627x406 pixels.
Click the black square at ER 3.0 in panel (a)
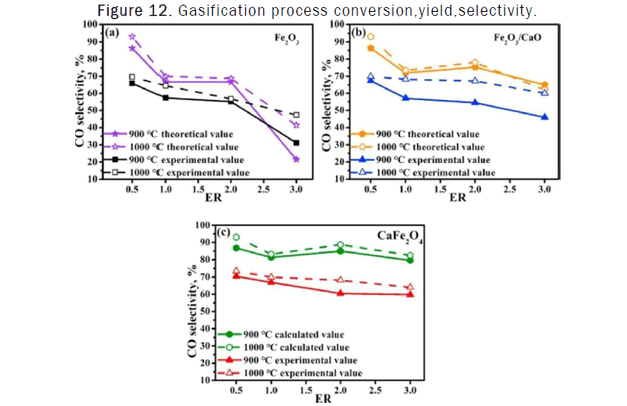[x=296, y=143]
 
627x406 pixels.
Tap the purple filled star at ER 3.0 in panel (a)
[x=296, y=160]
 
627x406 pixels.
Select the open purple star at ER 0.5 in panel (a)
[x=132, y=36]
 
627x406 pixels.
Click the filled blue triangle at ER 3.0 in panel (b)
[x=545, y=117]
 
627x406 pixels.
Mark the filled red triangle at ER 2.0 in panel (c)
[x=340, y=293]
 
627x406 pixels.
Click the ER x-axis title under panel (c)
[x=323, y=399]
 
